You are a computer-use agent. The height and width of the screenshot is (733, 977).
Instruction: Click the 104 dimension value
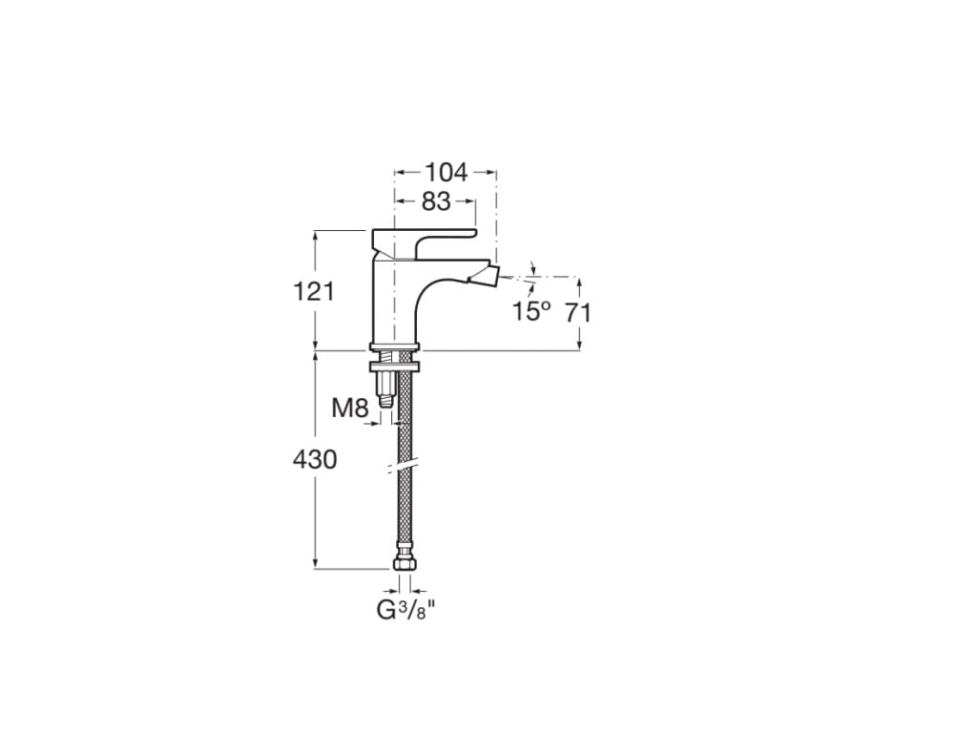click(446, 173)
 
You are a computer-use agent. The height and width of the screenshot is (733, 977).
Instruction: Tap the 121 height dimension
click(314, 291)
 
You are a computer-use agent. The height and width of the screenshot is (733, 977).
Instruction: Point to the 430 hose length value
click(314, 459)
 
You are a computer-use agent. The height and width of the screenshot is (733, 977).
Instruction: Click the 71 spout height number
click(576, 311)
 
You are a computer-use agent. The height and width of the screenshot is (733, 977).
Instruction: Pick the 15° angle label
click(531, 311)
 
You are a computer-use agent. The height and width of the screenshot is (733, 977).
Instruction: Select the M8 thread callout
click(349, 408)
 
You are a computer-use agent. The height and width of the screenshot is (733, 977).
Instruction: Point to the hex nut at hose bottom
click(405, 562)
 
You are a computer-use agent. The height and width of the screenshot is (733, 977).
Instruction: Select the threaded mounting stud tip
click(385, 400)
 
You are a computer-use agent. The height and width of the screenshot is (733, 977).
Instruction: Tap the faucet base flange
click(394, 346)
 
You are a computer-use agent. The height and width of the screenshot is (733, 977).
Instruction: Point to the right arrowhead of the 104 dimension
click(492, 173)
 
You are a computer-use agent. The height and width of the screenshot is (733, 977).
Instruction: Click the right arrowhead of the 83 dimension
click(470, 201)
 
